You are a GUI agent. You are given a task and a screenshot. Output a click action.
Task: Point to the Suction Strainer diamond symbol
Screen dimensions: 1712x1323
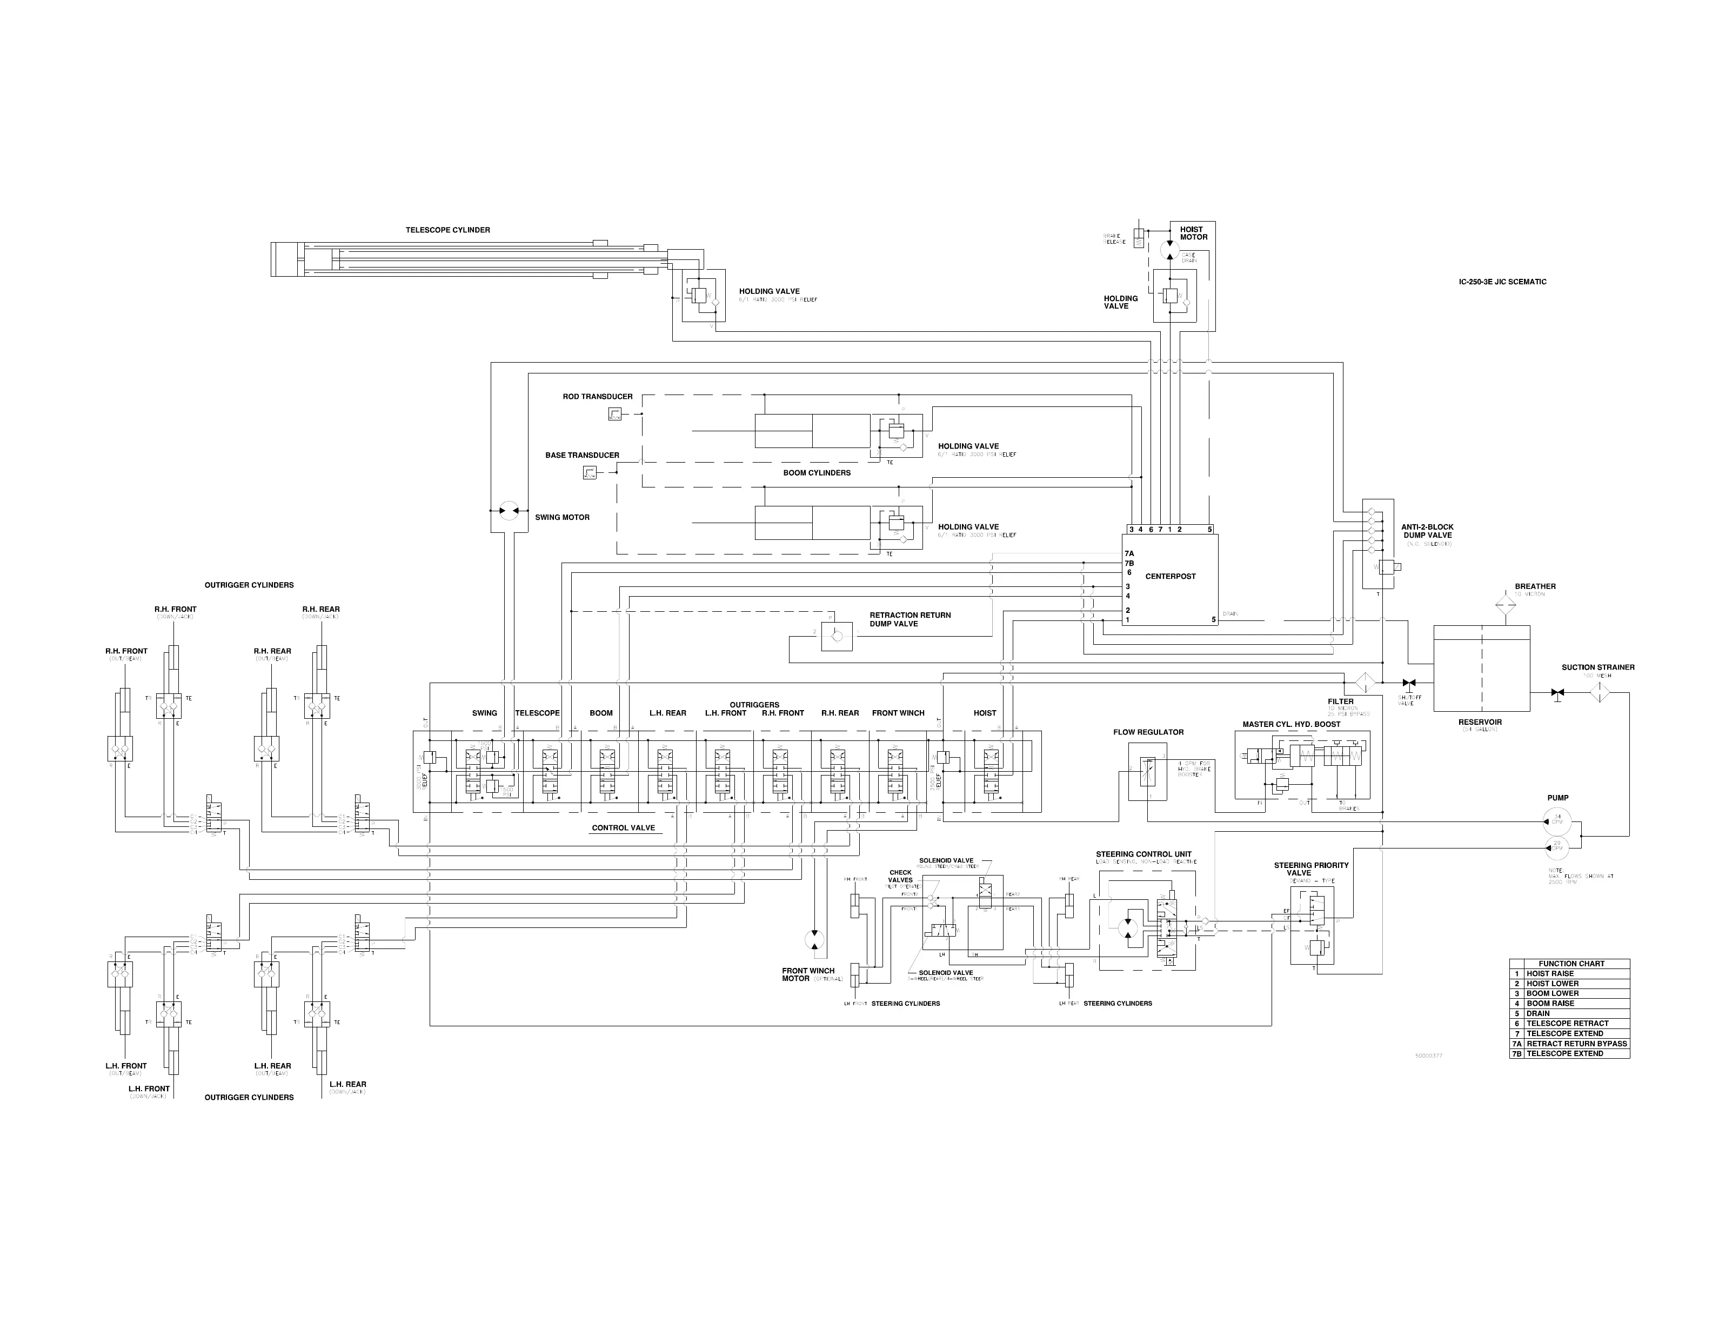click(x=1599, y=692)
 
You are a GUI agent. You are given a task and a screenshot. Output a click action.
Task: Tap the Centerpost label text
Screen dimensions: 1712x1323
click(x=1171, y=576)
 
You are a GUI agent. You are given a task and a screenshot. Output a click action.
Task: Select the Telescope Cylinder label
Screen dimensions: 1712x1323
click(x=447, y=230)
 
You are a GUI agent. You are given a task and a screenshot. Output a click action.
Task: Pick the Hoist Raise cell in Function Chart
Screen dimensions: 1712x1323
click(x=1550, y=973)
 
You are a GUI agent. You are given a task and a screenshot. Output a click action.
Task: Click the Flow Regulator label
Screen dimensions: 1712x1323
click(x=1148, y=732)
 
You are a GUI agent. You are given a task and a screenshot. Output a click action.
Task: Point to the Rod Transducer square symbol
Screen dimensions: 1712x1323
click(x=616, y=415)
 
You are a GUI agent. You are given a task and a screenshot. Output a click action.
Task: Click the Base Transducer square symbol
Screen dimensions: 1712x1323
click(x=590, y=472)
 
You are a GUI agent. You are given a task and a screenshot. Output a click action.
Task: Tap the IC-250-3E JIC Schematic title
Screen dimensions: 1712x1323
click(x=1502, y=282)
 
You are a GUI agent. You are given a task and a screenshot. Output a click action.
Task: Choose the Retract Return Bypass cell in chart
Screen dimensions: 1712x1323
click(x=1576, y=1043)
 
